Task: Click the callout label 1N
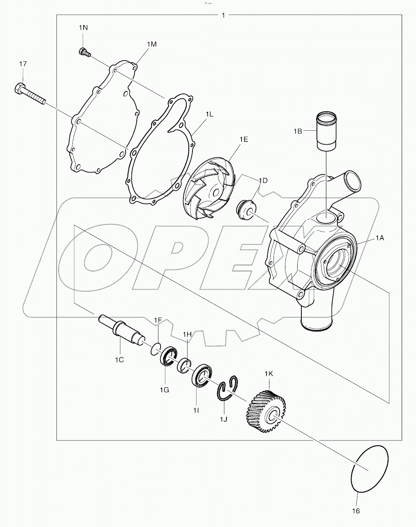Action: tap(83, 27)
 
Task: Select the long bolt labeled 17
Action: tap(31, 94)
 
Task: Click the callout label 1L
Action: tap(209, 115)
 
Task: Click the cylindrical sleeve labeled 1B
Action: tap(326, 132)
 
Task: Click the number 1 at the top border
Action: tap(223, 16)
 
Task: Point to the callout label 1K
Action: tap(269, 373)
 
